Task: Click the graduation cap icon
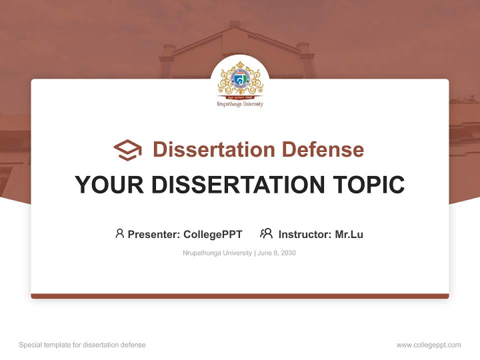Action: pos(127,150)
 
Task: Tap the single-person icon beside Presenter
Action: pos(119,233)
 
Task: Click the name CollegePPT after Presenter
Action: pos(213,234)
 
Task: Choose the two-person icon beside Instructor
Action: pos(266,233)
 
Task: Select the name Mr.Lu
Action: pos(349,234)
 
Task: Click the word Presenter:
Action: pos(154,234)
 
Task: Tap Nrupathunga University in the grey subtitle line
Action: pos(217,253)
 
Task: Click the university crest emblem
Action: pos(240,80)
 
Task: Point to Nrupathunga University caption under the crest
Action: pos(240,104)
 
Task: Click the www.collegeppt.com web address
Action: pos(428,345)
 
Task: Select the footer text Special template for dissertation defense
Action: pos(82,345)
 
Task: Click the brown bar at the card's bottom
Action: pos(240,296)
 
